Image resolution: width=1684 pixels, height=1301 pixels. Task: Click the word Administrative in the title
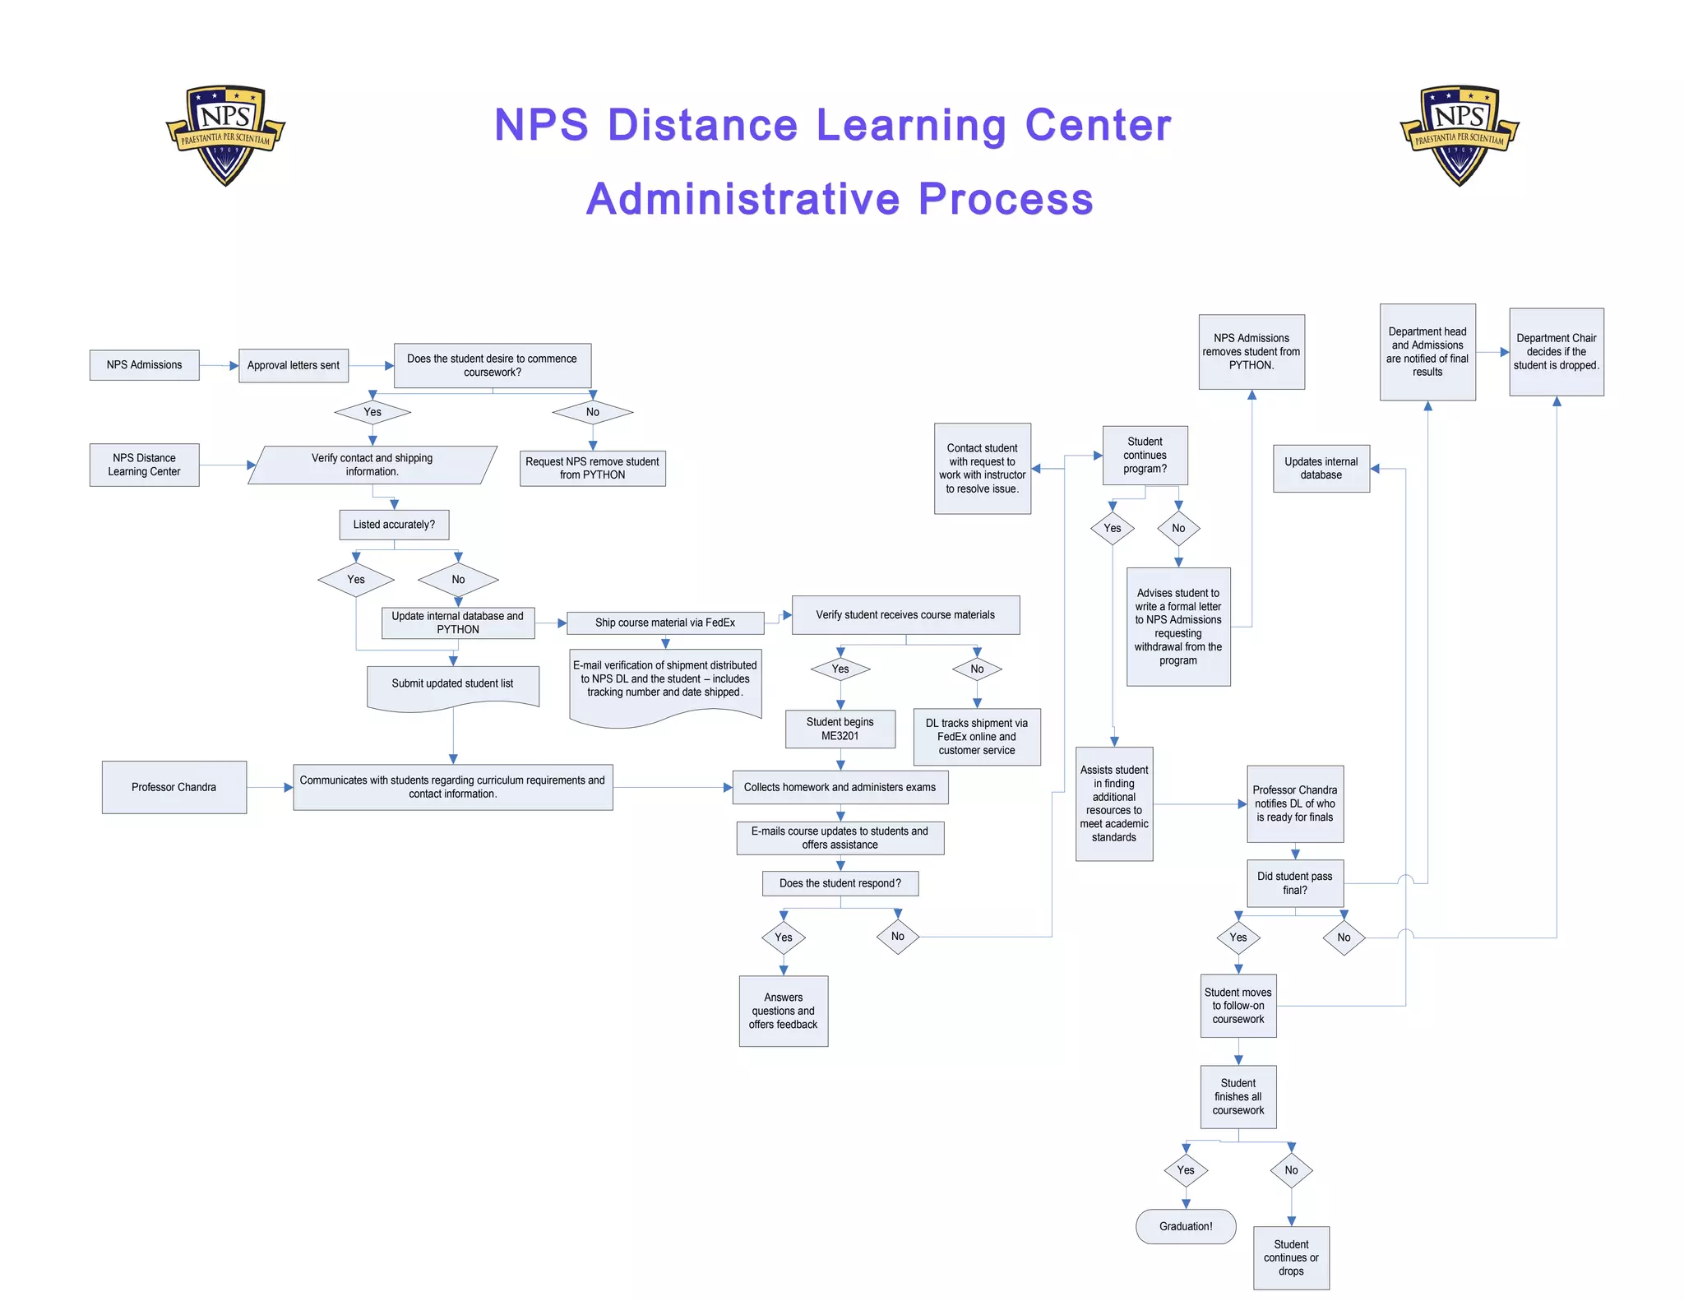click(743, 199)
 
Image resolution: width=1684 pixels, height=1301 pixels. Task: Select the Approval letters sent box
click(294, 365)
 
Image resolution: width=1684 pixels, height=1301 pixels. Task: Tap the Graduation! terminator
click(1186, 1226)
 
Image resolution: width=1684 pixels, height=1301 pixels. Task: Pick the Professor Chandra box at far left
click(173, 787)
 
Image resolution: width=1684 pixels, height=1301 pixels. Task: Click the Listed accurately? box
click(394, 525)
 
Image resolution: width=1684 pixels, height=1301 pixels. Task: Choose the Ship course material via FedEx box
click(665, 623)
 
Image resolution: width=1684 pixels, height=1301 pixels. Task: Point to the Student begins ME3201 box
click(840, 729)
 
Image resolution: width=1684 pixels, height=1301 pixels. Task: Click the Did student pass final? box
click(1295, 883)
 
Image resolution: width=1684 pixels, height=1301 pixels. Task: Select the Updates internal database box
click(1321, 469)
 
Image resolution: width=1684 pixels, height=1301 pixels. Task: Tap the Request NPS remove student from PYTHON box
click(592, 468)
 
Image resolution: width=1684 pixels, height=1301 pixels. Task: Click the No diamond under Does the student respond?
click(898, 937)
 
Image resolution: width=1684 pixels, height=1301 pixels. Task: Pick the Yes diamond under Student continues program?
click(1113, 528)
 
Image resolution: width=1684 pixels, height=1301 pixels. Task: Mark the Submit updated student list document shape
click(453, 685)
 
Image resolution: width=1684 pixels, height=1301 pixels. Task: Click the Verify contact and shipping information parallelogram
click(372, 465)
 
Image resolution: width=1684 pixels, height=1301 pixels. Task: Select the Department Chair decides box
click(1556, 352)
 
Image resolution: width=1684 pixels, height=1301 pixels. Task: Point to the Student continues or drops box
click(1291, 1257)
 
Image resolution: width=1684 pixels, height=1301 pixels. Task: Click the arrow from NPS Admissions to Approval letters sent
click(219, 365)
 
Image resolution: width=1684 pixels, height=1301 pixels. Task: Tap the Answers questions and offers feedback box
click(783, 1011)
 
